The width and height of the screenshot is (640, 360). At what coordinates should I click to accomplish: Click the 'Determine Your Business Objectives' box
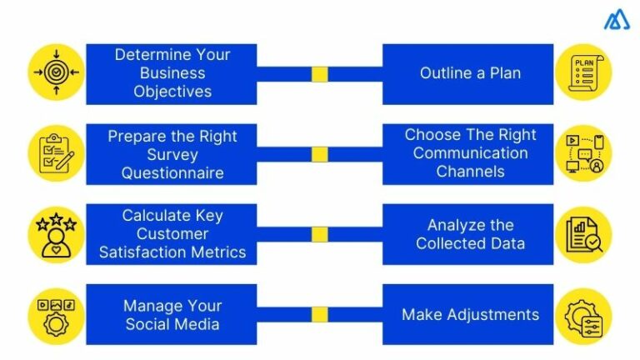click(172, 74)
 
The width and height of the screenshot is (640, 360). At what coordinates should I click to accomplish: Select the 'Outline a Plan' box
click(469, 74)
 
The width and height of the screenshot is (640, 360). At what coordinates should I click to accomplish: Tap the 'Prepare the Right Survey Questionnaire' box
click(172, 154)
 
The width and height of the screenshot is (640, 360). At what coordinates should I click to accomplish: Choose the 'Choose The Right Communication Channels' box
click(469, 154)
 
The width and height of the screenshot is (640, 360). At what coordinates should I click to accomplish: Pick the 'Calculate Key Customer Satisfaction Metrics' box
click(172, 234)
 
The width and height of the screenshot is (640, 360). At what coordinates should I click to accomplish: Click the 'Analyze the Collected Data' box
click(469, 234)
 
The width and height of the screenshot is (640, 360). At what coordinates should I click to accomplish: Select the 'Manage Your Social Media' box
click(172, 314)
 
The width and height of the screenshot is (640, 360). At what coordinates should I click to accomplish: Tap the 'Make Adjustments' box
click(469, 314)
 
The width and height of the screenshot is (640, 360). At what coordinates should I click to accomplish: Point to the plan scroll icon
click(583, 72)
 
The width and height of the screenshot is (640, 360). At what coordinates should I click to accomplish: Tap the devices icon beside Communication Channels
click(583, 153)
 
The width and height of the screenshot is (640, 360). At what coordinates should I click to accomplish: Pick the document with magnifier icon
click(583, 234)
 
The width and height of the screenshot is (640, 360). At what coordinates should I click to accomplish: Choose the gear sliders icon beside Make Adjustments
click(583, 315)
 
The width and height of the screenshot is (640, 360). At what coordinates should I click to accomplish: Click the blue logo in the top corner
click(617, 21)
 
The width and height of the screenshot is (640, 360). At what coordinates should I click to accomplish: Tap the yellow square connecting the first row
click(320, 74)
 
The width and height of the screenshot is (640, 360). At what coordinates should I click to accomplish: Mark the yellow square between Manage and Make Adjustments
click(320, 314)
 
